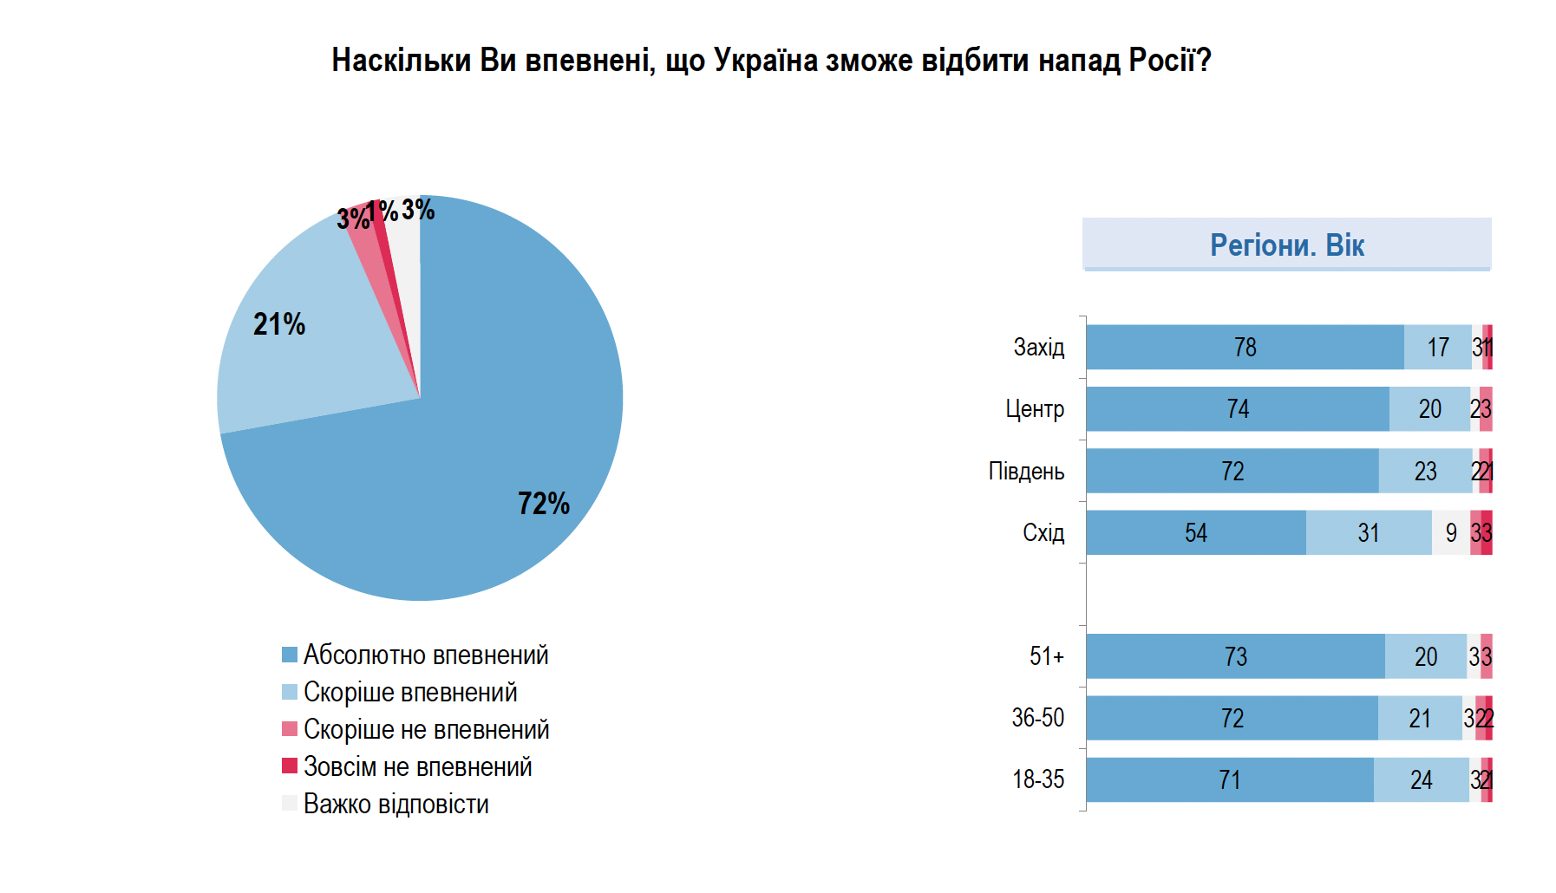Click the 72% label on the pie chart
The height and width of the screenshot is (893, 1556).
(544, 504)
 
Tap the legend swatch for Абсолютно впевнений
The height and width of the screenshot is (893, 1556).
(290, 655)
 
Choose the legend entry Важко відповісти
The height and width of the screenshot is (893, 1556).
(396, 805)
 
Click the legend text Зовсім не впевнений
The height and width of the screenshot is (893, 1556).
(417, 767)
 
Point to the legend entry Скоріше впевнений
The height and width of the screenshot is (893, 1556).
(409, 693)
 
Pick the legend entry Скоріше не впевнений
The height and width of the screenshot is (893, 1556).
(426, 730)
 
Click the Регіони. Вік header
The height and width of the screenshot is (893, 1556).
(1286, 245)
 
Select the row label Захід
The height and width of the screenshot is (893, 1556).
(1038, 348)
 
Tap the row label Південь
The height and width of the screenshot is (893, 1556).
(1026, 472)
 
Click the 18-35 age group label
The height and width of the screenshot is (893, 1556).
(1037, 779)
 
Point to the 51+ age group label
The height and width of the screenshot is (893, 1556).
(1046, 656)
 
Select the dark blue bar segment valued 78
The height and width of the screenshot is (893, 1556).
(1245, 348)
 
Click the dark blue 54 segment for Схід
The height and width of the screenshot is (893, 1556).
(1195, 533)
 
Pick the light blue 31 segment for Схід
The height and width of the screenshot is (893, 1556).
(1368, 533)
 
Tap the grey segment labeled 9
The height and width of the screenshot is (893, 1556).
(1450, 533)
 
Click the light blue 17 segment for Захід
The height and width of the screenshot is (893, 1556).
(1437, 348)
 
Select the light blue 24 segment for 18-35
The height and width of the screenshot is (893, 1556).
(1421, 780)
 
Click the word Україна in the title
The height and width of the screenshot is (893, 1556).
(765, 61)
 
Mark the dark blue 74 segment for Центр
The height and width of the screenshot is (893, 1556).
(1237, 409)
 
